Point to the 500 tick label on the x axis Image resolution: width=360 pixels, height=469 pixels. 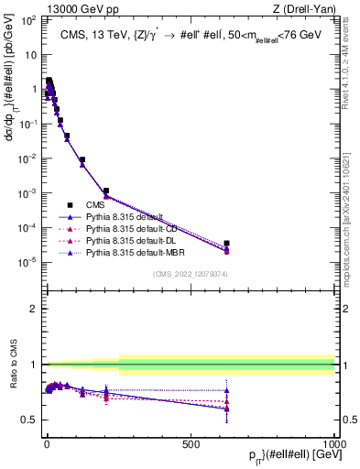coord(191,444)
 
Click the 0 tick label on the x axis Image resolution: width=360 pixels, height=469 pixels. coord(47,444)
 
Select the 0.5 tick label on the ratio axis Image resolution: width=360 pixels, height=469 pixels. coord(28,420)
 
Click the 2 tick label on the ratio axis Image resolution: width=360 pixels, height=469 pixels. coord(33,309)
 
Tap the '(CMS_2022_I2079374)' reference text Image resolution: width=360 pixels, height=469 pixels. coord(190,274)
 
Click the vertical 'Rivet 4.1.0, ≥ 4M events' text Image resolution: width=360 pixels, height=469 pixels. coord(353,64)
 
